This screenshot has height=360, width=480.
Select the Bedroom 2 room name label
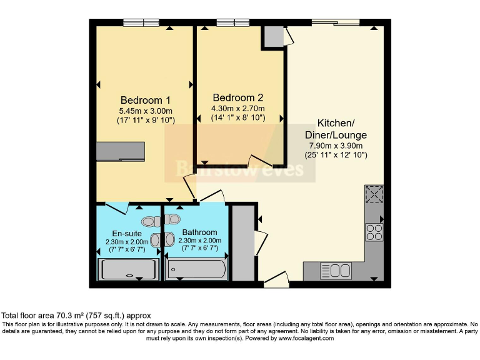pos(237,97)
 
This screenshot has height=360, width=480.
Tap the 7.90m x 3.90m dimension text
pos(335,145)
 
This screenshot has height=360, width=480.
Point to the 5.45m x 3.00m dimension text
pos(145,111)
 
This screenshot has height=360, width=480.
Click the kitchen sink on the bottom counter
pos(336,271)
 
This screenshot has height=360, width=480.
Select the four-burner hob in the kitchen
pos(374,232)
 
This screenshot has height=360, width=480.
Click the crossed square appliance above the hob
pos(374,195)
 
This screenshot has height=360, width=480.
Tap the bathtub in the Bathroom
pos(195,271)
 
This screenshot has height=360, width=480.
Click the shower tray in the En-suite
pos(129,270)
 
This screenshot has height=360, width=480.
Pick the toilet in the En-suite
pos(150,221)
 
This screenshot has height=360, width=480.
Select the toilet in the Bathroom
pos(172,219)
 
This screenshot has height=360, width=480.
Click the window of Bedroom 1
pos(141,23)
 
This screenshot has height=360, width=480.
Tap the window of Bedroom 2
pos(233,23)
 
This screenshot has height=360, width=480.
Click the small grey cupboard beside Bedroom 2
pos(272,37)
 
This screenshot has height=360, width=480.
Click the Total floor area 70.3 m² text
pos(76,316)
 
